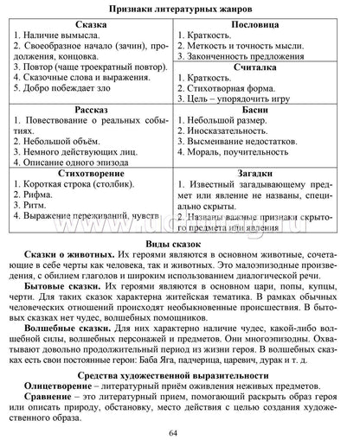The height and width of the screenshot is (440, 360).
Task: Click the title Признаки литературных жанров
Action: (180, 9)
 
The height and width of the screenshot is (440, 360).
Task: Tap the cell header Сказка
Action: (90, 27)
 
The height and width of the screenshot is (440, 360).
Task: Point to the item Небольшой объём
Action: (62, 137)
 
